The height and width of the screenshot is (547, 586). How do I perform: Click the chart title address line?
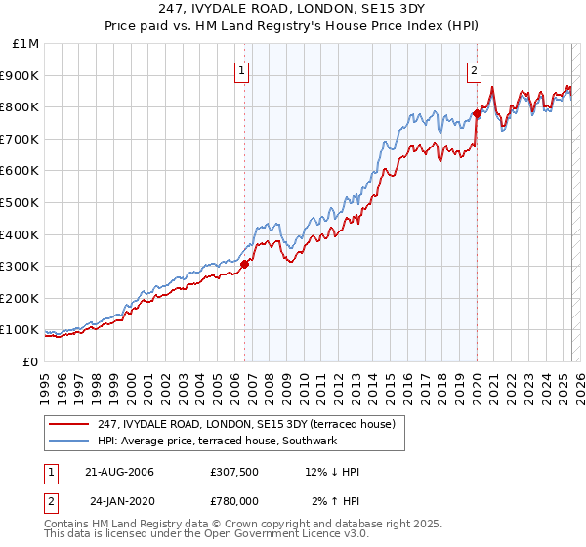pos(293,8)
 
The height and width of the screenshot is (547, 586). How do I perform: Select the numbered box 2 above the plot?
pos(474,69)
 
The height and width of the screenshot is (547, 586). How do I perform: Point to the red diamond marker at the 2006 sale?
pos(244,263)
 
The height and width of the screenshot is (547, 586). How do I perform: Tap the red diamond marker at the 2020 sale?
pos(477,112)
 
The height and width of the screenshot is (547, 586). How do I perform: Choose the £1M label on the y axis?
pos(23,43)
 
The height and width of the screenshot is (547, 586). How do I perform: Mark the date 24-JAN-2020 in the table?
pos(120,501)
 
